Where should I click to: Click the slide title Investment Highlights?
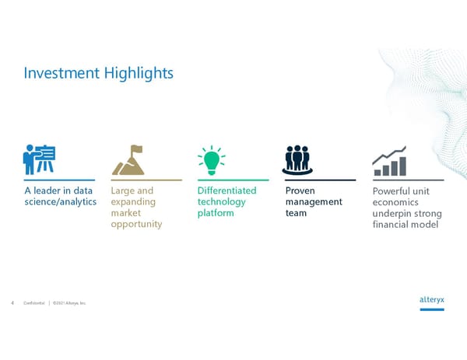98,73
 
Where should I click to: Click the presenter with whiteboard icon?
39,159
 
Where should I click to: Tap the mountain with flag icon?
128,160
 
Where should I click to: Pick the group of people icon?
297,159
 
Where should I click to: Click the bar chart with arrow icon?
389,161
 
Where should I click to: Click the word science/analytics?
60,202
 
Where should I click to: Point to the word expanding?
133,202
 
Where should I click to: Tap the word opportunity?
136,224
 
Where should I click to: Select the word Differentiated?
226,190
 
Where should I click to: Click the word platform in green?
216,213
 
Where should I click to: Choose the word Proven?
300,190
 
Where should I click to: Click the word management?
314,202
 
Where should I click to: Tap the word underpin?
393,214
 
